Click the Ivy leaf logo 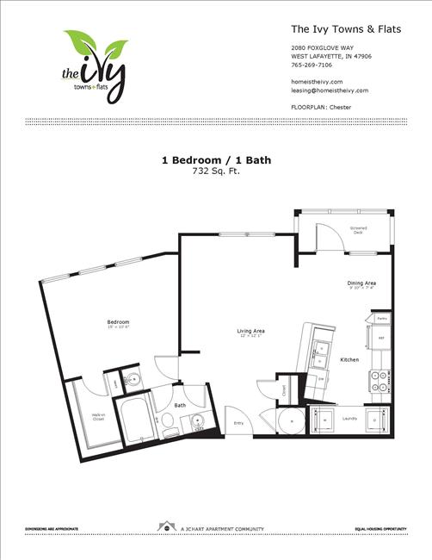pyautogui.click(x=95, y=65)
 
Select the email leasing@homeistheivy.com pyautogui.click(x=330, y=90)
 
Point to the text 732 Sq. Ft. pyautogui.click(x=215, y=171)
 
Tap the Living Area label pyautogui.click(x=250, y=331)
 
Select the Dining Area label pyautogui.click(x=361, y=283)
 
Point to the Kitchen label pyautogui.click(x=349, y=359)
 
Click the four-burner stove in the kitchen pyautogui.click(x=378, y=380)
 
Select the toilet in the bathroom pyautogui.click(x=168, y=420)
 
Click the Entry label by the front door pyautogui.click(x=238, y=423)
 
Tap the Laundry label pyautogui.click(x=349, y=419)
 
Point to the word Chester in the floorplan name pyautogui.click(x=342, y=107)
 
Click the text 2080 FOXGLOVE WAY pyautogui.click(x=322, y=47)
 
